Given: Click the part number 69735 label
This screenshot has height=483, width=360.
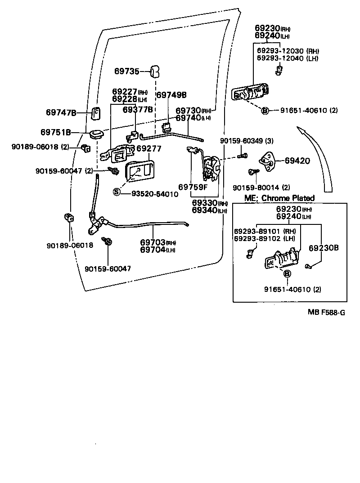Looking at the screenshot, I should pyautogui.click(x=127, y=71).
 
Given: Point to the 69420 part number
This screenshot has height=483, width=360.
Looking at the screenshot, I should pyautogui.click(x=297, y=161).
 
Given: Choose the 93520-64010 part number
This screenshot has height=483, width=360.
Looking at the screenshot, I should pyautogui.click(x=155, y=194).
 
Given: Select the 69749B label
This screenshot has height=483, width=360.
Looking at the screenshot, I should pyautogui.click(x=171, y=95).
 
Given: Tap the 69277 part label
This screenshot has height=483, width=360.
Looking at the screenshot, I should pyautogui.click(x=148, y=148).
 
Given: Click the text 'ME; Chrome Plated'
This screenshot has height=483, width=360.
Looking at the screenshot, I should pyautogui.click(x=279, y=198).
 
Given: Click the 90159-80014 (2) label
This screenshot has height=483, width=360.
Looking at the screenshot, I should pyautogui.click(x=261, y=187).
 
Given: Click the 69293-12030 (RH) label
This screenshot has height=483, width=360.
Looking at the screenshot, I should pyautogui.click(x=288, y=51).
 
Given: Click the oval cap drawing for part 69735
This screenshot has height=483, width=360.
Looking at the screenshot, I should pyautogui.click(x=155, y=71).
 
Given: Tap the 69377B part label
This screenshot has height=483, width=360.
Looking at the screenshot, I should pyautogui.click(x=137, y=109).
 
